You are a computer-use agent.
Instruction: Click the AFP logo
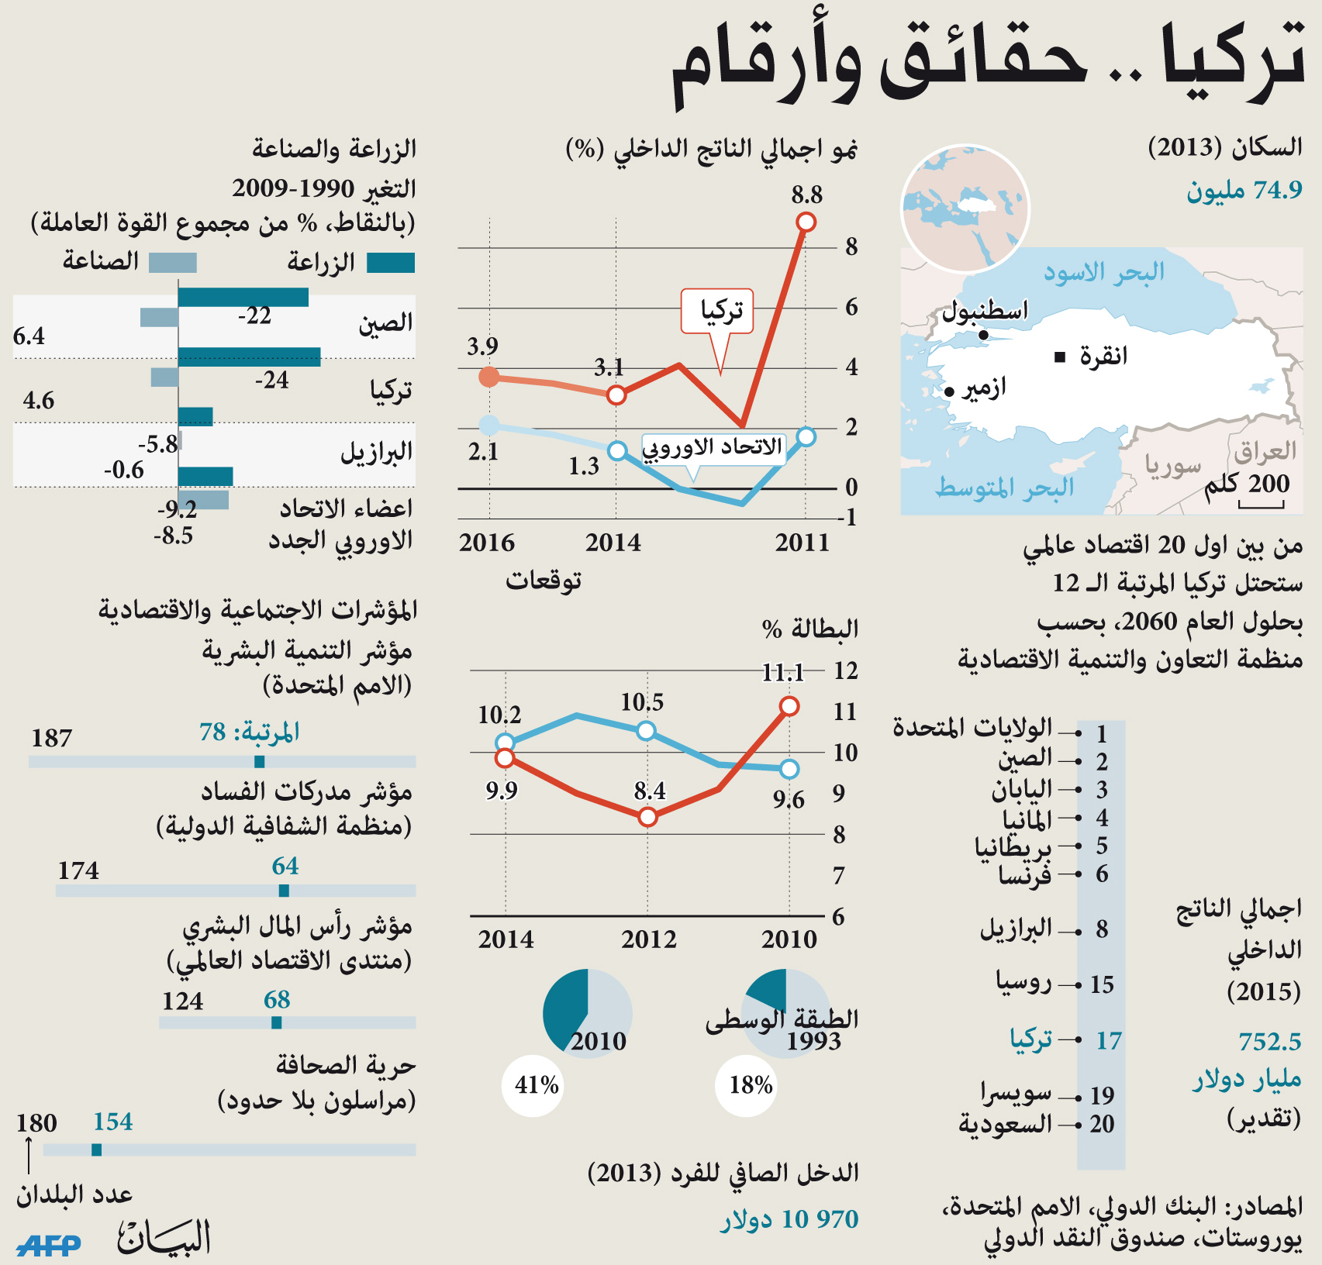click(x=48, y=1244)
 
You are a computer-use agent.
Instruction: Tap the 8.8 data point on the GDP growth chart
click(x=806, y=222)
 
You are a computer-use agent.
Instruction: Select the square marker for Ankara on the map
click(x=1060, y=357)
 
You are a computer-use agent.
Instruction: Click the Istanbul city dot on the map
click(x=983, y=335)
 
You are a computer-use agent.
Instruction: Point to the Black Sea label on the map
click(x=1103, y=273)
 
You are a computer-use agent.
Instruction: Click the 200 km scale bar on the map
click(x=1261, y=505)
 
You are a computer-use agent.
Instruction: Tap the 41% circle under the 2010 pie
click(x=536, y=1084)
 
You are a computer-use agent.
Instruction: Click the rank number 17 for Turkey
click(x=1108, y=1040)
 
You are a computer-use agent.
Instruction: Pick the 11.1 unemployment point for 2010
click(x=789, y=706)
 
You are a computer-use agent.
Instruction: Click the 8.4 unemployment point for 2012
click(x=648, y=817)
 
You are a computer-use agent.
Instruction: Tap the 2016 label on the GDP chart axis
click(x=487, y=543)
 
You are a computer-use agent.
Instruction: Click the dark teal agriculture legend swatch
click(x=391, y=263)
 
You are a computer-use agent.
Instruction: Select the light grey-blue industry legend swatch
click(x=172, y=263)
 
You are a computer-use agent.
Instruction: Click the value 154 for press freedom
click(x=113, y=1122)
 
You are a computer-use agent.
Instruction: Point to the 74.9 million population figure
click(x=1244, y=190)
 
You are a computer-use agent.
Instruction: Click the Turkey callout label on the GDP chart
click(x=717, y=312)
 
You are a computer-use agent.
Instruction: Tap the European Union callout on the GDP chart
click(x=713, y=448)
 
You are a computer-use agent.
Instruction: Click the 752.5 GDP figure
click(x=1269, y=1041)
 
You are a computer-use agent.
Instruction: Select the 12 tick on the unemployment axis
click(x=845, y=670)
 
